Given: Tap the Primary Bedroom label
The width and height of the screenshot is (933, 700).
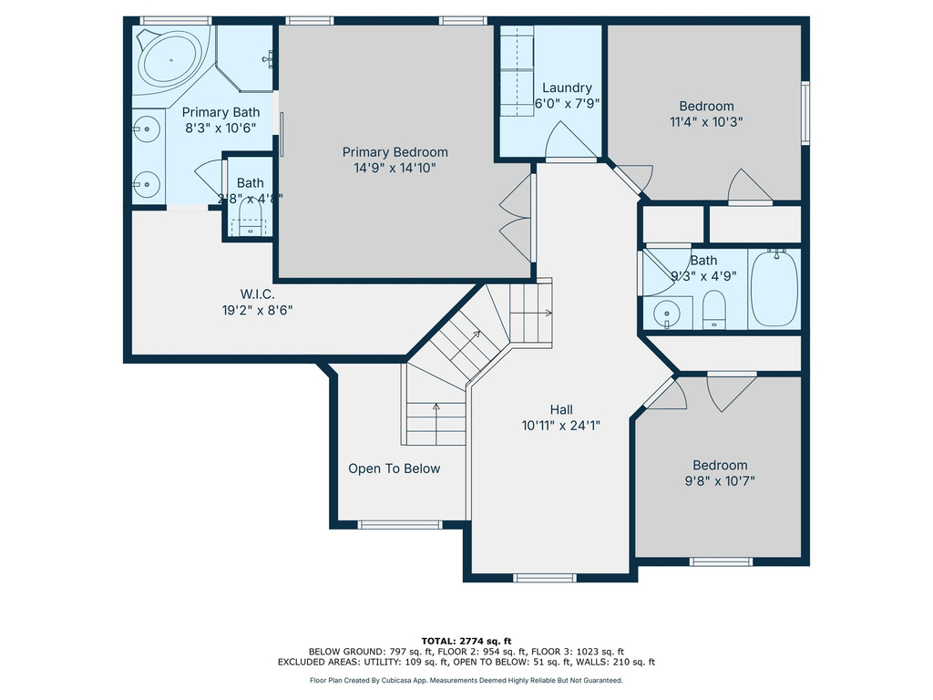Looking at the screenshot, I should click(x=395, y=152).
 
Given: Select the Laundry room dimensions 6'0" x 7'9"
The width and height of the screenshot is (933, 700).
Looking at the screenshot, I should click(x=567, y=104).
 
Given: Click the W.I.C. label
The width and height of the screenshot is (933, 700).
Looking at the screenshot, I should click(x=258, y=293).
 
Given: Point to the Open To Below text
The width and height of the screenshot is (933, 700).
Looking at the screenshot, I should click(x=394, y=468).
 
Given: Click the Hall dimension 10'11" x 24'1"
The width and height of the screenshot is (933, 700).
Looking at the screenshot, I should click(x=561, y=425).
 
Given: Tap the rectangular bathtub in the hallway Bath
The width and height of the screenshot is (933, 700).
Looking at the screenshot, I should click(x=774, y=290).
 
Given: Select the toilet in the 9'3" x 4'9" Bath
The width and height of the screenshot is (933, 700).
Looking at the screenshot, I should click(x=713, y=309).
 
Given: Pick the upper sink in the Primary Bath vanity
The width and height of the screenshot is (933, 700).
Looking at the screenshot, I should click(x=145, y=129).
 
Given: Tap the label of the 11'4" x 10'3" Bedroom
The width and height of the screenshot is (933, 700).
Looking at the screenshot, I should click(x=706, y=106).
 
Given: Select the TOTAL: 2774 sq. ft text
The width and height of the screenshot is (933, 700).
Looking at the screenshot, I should click(x=466, y=640).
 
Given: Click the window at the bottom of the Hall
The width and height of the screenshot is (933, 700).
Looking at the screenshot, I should click(x=545, y=577).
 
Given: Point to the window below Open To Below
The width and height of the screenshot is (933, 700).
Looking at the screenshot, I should click(x=399, y=525).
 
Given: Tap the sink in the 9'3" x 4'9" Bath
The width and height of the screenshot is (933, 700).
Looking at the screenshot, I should click(x=670, y=313).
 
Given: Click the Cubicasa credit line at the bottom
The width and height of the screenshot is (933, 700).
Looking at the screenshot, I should click(x=466, y=680).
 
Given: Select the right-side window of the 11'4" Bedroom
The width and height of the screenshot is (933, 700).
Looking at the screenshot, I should click(x=805, y=113).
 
